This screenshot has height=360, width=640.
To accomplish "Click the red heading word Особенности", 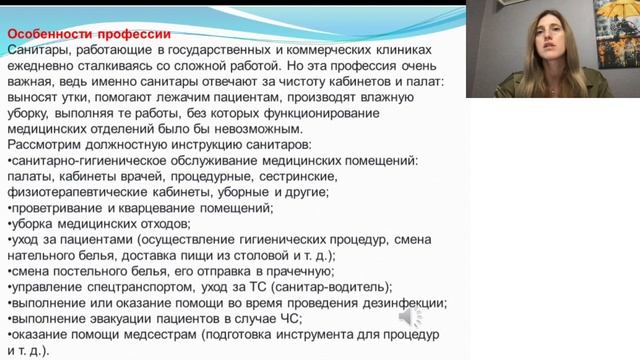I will [49, 32].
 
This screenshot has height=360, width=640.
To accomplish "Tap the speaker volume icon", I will [411, 317].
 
